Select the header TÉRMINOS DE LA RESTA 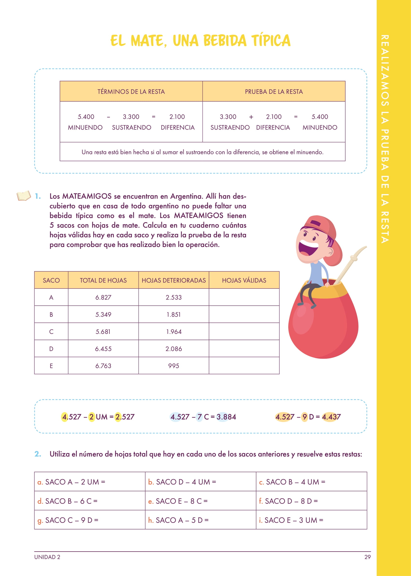click(131, 91)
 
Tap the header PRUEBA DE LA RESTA click(274, 91)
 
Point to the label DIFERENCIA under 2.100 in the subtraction click(177, 127)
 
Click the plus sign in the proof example click(251, 117)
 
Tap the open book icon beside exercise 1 click(23, 196)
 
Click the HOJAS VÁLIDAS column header click(244, 280)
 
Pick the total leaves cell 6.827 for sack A click(103, 297)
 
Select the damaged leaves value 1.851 click(174, 315)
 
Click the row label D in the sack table click(51, 349)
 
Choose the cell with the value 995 click(174, 366)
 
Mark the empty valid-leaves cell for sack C click(244, 331)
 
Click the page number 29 click(367, 557)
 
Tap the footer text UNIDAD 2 click(47, 557)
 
